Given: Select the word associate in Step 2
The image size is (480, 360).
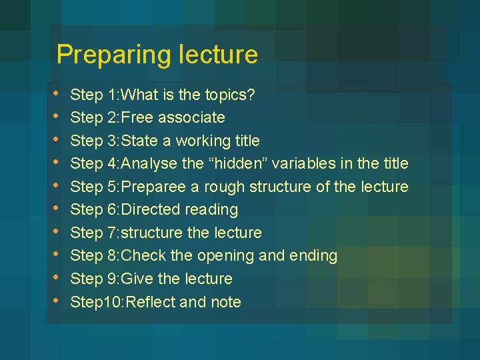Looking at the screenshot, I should (x=193, y=118).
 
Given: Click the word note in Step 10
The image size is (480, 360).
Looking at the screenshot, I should (x=226, y=302).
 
